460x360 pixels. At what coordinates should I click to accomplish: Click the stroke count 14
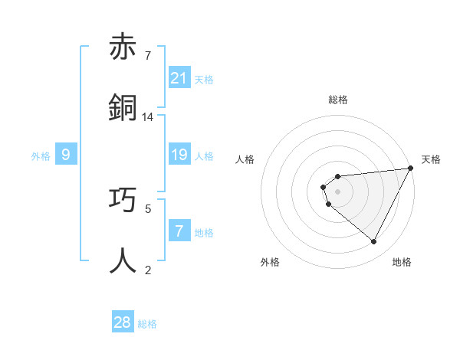[148, 117]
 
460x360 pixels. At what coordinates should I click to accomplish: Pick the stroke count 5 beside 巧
[148, 208]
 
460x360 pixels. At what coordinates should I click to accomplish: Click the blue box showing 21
[179, 78]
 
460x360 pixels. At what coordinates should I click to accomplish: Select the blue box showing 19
[179, 155]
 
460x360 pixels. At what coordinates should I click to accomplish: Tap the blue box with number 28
[123, 322]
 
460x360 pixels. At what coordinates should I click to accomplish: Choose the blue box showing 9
[66, 155]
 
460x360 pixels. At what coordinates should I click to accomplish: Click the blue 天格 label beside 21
[204, 79]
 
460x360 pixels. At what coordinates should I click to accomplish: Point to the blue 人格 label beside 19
[204, 155]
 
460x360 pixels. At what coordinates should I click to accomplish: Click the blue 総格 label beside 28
[147, 324]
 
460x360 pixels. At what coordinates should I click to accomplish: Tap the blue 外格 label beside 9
[41, 155]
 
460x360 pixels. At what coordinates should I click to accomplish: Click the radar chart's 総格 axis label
[338, 100]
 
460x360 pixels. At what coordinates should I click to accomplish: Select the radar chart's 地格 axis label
[402, 262]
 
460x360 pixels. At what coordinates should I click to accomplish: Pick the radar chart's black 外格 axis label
[270, 262]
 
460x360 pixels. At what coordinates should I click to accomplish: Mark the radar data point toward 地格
[373, 242]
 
